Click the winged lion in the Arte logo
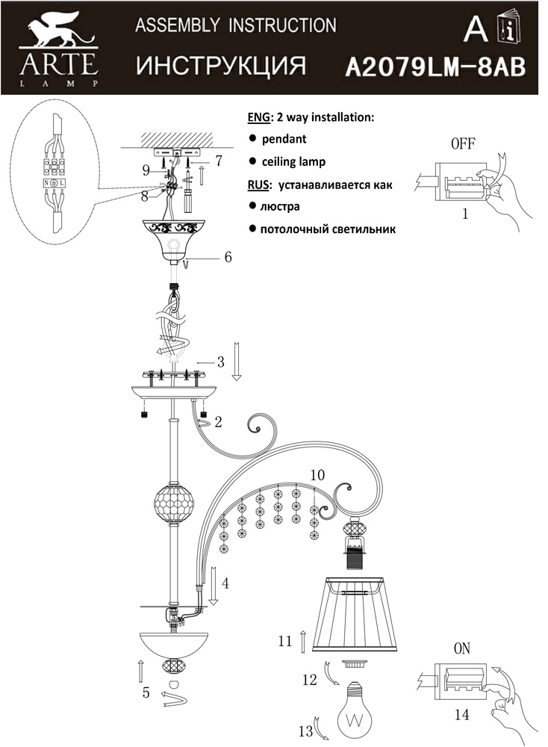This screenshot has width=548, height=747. [x=58, y=30]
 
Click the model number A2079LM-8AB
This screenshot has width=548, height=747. [x=435, y=67]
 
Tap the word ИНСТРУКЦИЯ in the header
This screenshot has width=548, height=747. [x=221, y=66]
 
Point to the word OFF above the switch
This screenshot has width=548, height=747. [x=463, y=143]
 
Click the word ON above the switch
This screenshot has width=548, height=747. [x=462, y=648]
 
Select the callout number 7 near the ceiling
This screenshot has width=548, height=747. [x=219, y=161]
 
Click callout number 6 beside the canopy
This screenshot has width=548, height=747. [x=228, y=257]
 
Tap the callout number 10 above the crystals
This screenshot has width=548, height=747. [x=317, y=474]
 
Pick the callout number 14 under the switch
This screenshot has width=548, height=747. [x=462, y=714]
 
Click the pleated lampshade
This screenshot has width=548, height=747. [x=355, y=615]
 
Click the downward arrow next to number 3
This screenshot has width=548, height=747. [x=237, y=362]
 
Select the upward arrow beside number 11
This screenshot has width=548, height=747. [x=304, y=641]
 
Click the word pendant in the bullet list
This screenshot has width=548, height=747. [x=284, y=139]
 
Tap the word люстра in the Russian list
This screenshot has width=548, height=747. [x=280, y=207]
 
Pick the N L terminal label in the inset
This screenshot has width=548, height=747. [x=55, y=183]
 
